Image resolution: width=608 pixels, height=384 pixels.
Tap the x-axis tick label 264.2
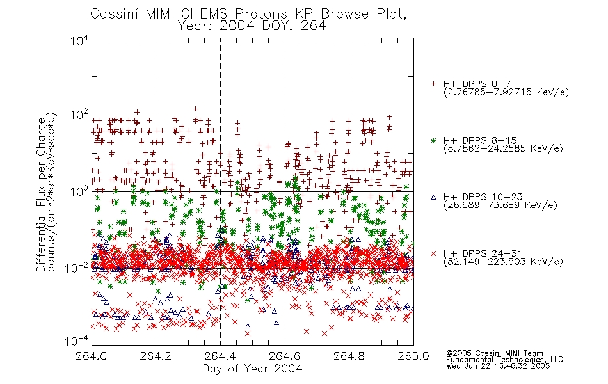pos(156,356)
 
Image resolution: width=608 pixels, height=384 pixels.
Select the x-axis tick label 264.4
pos(220,356)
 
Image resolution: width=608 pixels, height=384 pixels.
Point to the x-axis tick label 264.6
pos(285,356)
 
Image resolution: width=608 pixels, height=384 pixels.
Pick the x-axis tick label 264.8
pos(349,356)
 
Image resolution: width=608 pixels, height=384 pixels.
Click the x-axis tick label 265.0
pos(413,356)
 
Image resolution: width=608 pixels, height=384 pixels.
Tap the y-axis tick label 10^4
pos(79,41)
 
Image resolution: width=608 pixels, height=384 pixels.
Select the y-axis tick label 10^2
pos(79,115)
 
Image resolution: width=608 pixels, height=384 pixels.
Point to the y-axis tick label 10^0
pos(79,191)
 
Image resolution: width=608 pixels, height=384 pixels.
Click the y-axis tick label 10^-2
pos(77,268)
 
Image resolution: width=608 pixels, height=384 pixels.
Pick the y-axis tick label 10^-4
pos(77,341)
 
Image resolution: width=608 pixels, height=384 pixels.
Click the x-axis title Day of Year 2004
pos(252,369)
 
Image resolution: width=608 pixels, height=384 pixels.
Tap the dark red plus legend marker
pos(433,84)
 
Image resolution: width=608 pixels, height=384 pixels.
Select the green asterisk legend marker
pos(433,140)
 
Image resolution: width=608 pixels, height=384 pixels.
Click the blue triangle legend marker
pos(433,197)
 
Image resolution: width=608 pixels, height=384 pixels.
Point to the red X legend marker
pos(433,253)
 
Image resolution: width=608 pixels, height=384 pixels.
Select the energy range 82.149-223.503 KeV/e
pos(503,262)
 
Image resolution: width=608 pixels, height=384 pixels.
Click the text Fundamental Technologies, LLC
pos(504,360)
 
